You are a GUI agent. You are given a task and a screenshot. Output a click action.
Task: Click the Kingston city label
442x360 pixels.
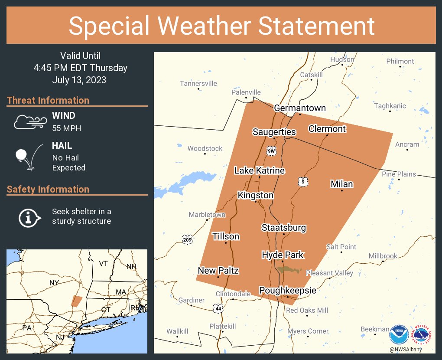(256, 195)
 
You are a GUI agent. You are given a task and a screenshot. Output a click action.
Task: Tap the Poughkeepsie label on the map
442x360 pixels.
(287, 290)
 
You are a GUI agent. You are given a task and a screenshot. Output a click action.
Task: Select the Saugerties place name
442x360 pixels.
(274, 132)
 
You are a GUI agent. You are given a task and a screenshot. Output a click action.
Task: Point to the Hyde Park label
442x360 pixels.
(283, 255)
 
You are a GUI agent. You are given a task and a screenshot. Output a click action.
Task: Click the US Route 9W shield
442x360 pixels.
(271, 151)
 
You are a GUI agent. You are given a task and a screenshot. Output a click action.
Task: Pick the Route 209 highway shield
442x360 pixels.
(187, 239)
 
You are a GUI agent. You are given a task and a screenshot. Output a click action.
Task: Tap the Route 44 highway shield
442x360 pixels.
(218, 308)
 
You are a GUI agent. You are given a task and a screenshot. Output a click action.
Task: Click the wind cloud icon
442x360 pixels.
(29, 122)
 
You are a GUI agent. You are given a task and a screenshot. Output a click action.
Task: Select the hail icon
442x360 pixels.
(29, 157)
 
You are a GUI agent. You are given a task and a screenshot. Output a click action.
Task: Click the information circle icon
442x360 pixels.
(29, 217)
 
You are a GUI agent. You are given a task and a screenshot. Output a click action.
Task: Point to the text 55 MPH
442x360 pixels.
(66, 128)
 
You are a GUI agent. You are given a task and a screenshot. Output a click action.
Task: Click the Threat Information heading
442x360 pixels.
(48, 100)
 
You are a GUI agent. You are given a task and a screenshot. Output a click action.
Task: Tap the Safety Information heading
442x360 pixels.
(48, 189)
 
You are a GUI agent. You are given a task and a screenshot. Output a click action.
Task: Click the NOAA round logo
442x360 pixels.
(399, 335)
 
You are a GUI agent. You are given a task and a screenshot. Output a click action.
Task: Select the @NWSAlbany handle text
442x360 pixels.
(406, 349)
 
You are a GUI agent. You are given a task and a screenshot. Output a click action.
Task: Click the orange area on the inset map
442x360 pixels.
(77, 301)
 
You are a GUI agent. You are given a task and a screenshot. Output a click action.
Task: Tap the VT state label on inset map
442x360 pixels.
(103, 263)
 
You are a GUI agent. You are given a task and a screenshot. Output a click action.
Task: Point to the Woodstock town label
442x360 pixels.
(205, 148)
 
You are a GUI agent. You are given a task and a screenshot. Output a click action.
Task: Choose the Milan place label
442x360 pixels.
(341, 184)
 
